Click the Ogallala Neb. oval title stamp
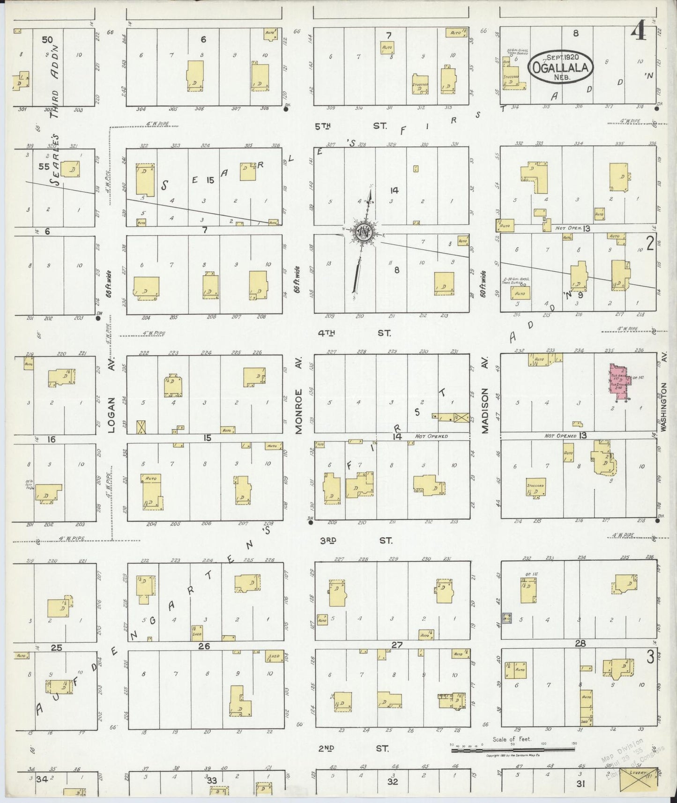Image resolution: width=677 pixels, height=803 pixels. click(561, 67)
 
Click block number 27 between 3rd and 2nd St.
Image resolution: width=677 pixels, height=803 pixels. click(397, 645)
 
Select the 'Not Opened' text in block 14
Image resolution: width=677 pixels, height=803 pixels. click(431, 436)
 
